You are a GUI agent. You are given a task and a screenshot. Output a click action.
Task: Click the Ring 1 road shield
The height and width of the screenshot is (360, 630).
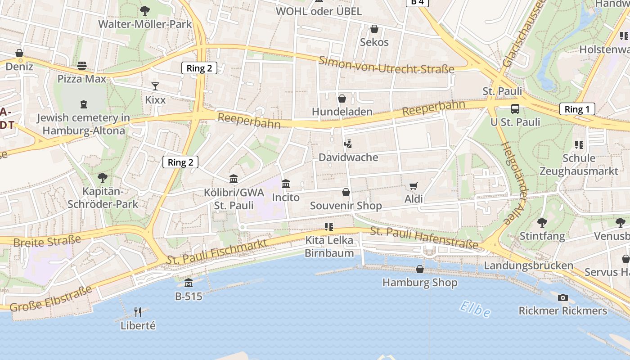click(x=577, y=109)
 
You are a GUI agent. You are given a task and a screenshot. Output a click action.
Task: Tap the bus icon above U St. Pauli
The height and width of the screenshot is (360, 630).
click(x=515, y=108)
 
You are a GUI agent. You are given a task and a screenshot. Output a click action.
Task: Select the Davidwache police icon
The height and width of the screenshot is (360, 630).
click(x=347, y=144)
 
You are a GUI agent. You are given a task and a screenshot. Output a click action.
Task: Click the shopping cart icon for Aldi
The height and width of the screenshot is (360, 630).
click(x=413, y=186)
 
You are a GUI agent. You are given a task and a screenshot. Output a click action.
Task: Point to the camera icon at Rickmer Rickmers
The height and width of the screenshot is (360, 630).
click(x=562, y=297)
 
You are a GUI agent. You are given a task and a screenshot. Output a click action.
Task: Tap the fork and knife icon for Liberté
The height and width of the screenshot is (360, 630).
click(x=138, y=312)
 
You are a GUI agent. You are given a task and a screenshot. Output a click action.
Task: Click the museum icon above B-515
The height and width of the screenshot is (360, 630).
click(x=189, y=283)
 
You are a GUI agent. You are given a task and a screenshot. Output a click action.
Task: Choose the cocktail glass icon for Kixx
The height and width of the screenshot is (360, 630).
click(x=155, y=86)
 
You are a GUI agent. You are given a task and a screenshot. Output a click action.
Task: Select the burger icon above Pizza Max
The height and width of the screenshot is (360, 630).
click(x=82, y=66)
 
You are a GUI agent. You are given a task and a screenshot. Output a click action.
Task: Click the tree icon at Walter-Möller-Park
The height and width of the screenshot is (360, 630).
click(x=145, y=10)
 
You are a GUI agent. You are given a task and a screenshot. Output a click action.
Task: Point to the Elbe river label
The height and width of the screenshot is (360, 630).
click(x=475, y=310)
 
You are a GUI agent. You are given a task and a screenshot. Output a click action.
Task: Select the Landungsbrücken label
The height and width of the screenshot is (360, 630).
click(x=528, y=265)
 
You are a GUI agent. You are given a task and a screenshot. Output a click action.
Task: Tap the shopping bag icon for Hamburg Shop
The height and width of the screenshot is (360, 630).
click(x=420, y=269)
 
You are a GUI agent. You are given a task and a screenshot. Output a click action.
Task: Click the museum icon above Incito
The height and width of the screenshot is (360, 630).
click(x=286, y=184)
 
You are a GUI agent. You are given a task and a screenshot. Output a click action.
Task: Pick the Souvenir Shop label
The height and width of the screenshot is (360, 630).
click(x=346, y=206)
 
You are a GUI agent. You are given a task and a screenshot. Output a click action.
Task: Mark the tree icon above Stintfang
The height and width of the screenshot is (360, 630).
click(x=542, y=222)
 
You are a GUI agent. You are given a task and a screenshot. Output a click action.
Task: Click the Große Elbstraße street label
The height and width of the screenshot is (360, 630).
click(x=50, y=298)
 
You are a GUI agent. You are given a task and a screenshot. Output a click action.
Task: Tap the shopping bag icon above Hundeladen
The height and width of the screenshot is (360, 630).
click(x=342, y=98)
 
